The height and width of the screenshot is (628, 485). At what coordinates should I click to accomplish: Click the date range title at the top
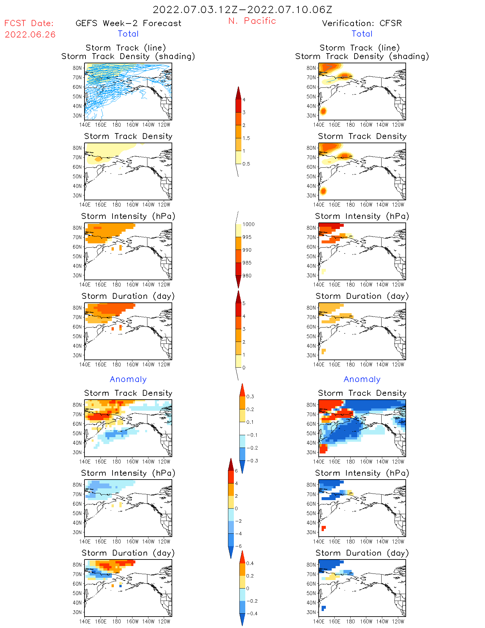[x=242, y=9]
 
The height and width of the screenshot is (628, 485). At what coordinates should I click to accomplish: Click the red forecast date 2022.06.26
[x=30, y=35]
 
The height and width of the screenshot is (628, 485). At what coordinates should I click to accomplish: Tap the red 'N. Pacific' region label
[x=252, y=21]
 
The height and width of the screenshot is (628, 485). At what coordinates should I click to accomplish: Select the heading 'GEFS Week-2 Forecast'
[x=128, y=23]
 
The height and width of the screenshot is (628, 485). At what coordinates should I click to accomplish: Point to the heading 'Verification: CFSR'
[x=362, y=23]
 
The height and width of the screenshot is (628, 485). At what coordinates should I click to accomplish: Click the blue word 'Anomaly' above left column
[x=128, y=379]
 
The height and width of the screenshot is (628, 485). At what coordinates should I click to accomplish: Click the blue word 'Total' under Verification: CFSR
[x=362, y=34]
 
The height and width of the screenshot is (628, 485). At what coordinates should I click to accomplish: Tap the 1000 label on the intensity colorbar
[x=249, y=224]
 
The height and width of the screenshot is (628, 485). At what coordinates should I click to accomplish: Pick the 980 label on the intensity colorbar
[x=247, y=276]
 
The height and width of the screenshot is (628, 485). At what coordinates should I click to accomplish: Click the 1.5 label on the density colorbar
[x=246, y=138]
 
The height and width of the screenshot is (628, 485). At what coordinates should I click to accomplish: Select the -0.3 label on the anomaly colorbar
[x=252, y=461]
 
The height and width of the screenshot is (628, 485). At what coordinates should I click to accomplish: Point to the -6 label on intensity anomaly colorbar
[x=238, y=546]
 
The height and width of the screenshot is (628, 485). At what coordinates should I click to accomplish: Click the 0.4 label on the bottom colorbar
[x=250, y=563]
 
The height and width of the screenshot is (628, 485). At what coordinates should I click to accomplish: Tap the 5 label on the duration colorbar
[x=244, y=303]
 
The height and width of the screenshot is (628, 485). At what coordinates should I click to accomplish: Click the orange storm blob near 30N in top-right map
[x=323, y=111]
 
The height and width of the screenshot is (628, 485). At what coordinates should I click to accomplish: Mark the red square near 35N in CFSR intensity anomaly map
[x=324, y=528]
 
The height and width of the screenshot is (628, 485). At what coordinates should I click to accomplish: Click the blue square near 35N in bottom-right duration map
[x=324, y=608]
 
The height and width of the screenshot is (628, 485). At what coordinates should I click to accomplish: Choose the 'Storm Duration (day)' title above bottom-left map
[x=128, y=553]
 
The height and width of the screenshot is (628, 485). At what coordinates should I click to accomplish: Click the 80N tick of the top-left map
[x=77, y=68]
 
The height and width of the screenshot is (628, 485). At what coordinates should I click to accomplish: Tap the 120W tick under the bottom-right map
[x=398, y=621]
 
